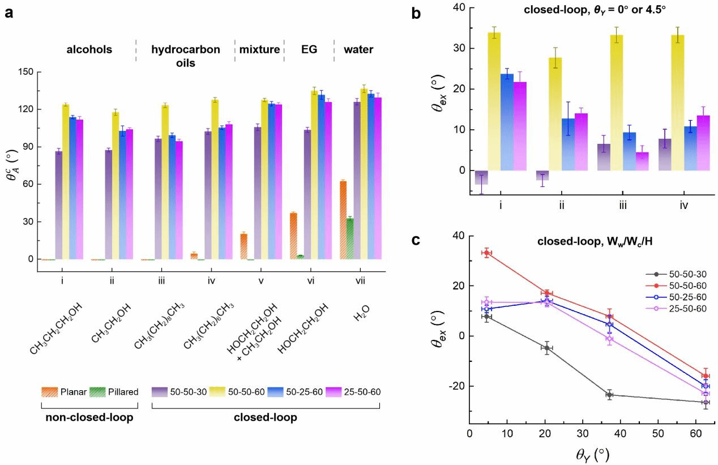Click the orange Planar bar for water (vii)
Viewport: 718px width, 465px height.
(x=343, y=220)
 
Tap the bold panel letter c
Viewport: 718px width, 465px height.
(x=417, y=240)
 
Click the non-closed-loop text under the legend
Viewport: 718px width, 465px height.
(x=89, y=418)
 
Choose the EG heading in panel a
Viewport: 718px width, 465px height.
(x=309, y=50)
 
